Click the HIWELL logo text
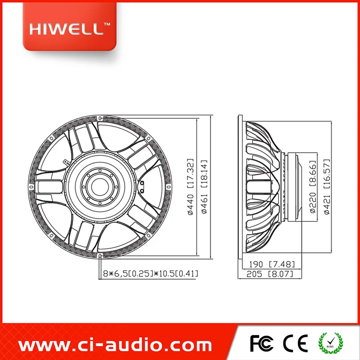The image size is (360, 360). pyautogui.click(x=67, y=29)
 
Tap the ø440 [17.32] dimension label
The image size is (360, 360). pyautogui.click(x=190, y=187)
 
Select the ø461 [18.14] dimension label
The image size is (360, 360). pyautogui.click(x=204, y=187)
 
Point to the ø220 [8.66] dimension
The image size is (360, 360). pyautogui.click(x=313, y=187)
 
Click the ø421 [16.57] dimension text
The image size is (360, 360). pyautogui.click(x=327, y=187)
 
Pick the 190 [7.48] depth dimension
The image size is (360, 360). pyautogui.click(x=272, y=264)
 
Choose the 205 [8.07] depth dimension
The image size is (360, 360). pyautogui.click(x=270, y=274)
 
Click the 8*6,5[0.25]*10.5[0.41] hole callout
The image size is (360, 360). pyautogui.click(x=150, y=274)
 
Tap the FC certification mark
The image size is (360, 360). pyautogui.click(x=261, y=343)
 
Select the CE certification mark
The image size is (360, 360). pyautogui.click(x=295, y=343)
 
